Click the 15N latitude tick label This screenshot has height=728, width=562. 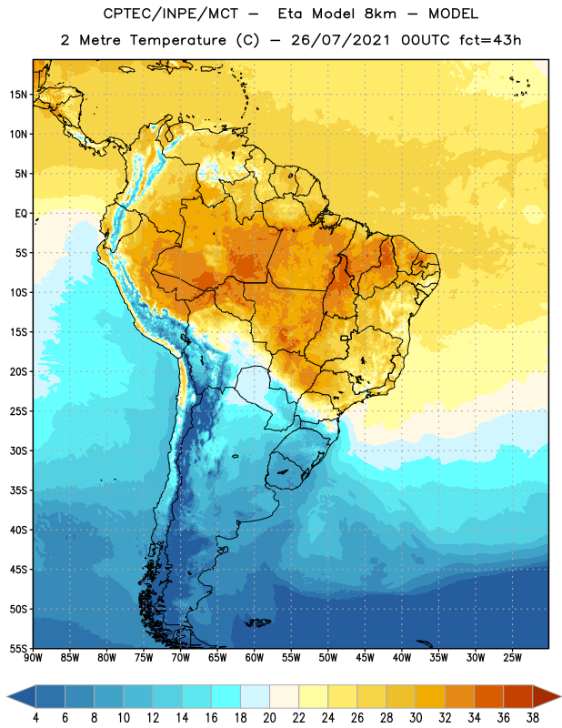tap(18, 95)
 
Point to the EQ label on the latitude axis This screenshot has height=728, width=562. tap(21, 214)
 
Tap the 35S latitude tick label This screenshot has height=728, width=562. tap(18, 490)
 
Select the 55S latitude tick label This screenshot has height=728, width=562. tap(18, 648)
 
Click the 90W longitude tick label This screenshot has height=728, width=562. tap(33, 658)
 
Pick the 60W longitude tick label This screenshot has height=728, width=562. tap(255, 658)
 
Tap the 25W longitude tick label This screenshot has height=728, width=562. tap(512, 658)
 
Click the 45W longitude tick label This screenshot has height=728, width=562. tap(365, 658)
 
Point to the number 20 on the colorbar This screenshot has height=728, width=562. tap(269, 718)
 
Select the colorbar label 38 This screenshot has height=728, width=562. tap(533, 718)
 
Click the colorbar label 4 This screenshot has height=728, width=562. tap(35, 718)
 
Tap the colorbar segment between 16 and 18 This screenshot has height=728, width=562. tap(226, 696)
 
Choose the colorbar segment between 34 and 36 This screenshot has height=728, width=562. tap(489, 696)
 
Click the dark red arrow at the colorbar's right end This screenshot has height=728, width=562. tap(546, 696)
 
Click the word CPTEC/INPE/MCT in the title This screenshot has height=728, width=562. tap(171, 14)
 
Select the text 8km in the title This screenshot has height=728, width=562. tap(380, 14)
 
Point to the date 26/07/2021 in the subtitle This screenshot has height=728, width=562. tap(340, 40)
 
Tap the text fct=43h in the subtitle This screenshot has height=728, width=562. tap(490, 40)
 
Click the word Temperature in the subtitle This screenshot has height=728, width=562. tap(177, 40)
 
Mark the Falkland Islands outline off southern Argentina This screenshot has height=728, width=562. tap(257, 622)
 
